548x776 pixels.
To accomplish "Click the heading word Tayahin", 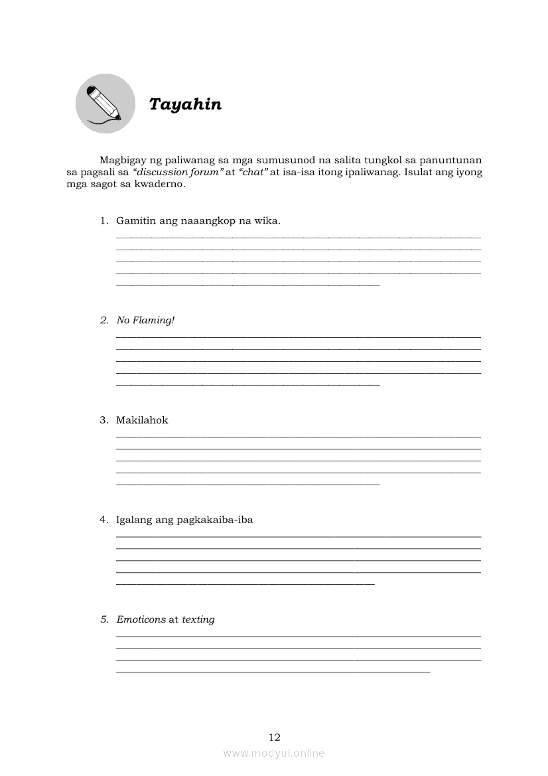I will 185,105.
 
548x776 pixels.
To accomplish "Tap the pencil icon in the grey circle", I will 105,103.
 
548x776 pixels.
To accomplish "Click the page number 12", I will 275,737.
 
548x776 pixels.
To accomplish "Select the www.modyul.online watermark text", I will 274,753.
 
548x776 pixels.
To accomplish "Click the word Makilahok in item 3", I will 142,420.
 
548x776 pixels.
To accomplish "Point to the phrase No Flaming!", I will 145,321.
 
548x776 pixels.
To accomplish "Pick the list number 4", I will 104,520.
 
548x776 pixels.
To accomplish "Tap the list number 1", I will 104,220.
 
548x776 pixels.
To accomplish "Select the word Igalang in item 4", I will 134,520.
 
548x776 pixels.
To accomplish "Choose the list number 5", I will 104,619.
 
